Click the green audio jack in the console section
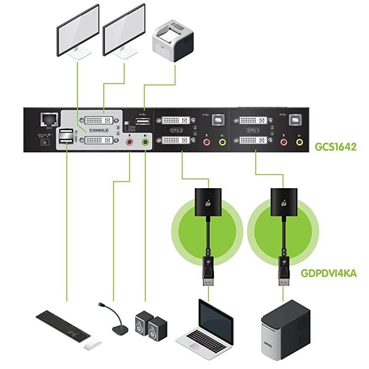tap(146, 142)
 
